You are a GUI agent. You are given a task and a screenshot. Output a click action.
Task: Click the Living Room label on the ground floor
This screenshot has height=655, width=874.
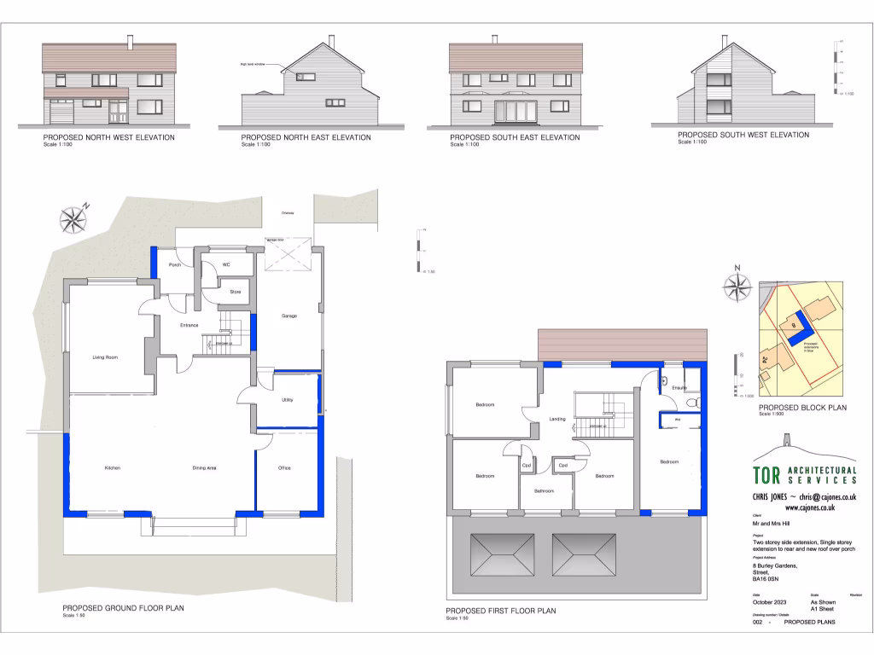point(104,358)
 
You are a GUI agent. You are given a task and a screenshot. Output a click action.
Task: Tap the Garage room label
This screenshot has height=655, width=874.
point(288,316)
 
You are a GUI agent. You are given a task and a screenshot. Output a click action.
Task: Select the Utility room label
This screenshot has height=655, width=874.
point(287,399)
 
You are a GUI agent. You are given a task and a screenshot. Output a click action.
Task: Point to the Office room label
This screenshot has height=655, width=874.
point(285,468)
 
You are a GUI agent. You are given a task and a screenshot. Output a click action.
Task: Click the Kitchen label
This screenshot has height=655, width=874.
point(112,468)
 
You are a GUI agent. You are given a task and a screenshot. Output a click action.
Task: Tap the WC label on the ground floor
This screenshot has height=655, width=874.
point(226,265)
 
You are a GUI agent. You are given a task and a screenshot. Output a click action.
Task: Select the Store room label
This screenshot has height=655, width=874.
point(235,292)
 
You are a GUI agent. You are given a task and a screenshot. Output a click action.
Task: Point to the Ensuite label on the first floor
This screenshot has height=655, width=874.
point(679,388)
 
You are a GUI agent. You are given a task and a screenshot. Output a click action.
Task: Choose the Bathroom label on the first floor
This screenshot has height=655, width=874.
point(545,491)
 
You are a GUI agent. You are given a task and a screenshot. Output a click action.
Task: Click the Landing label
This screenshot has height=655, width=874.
point(557,419)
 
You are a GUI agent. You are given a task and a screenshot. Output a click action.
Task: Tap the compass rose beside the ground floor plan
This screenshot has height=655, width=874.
point(73,219)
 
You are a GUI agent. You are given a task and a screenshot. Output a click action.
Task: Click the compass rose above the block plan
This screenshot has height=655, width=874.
point(736,286)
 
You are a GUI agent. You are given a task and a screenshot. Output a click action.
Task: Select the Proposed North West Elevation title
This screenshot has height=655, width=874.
point(108,137)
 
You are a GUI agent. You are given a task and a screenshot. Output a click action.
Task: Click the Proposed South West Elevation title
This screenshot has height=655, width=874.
point(743,135)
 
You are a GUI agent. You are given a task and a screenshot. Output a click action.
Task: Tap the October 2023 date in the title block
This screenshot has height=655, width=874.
point(771,603)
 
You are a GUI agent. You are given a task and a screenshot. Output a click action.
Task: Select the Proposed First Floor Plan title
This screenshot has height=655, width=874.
point(500,612)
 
